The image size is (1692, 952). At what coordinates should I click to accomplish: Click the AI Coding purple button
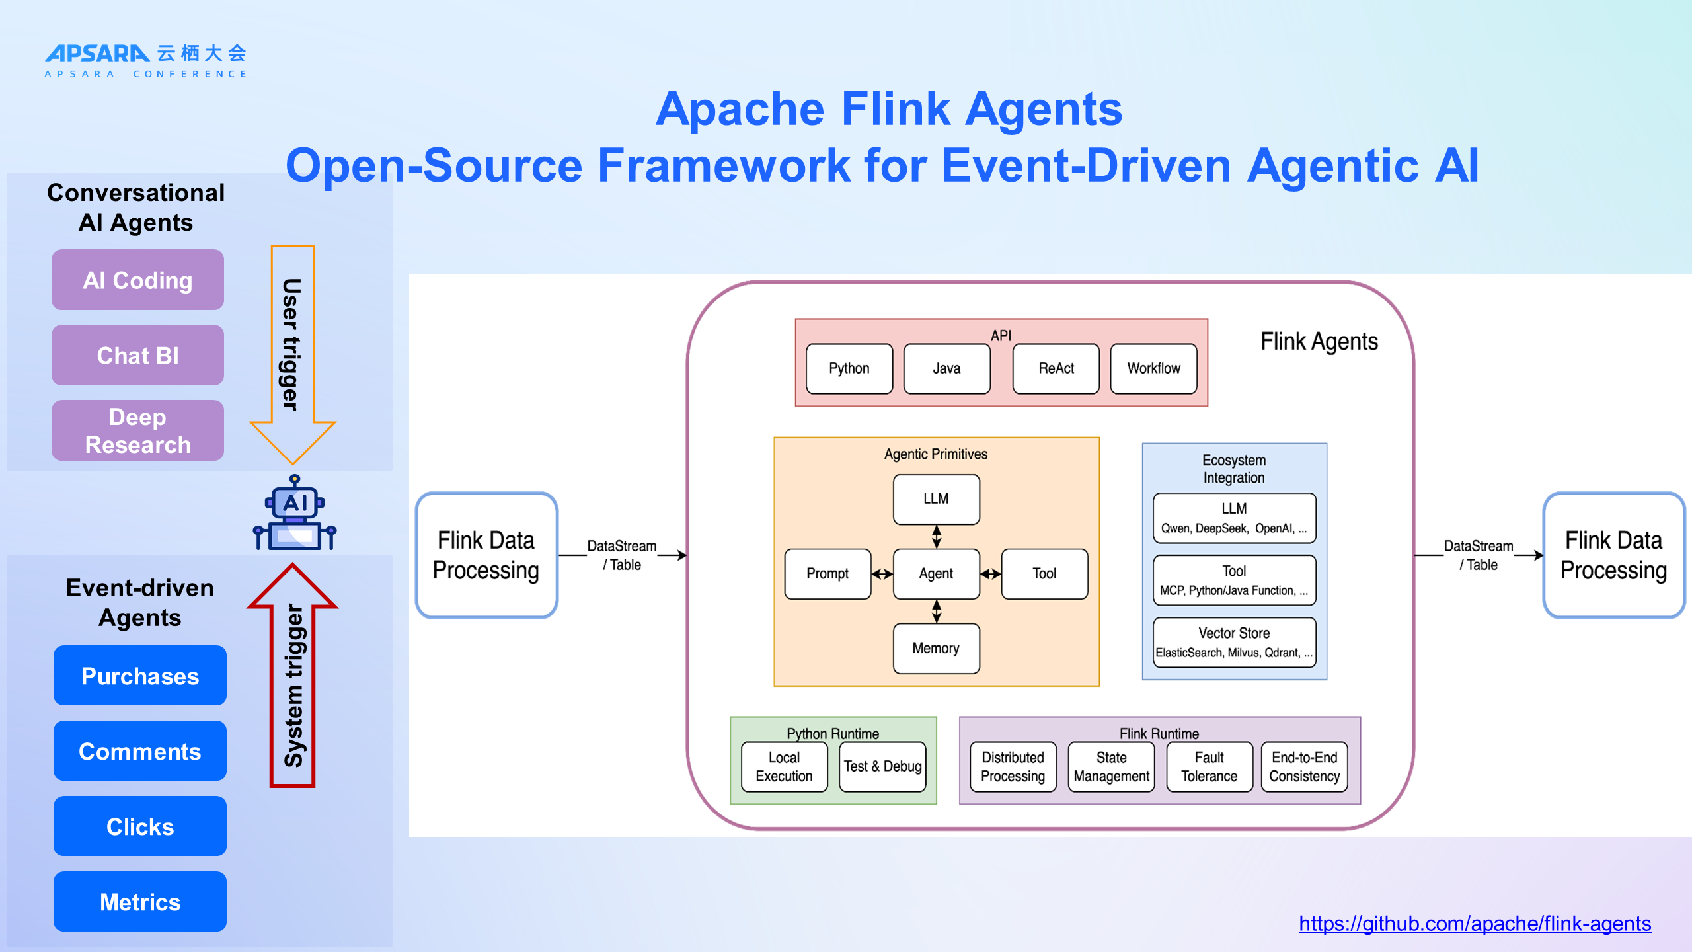(137, 280)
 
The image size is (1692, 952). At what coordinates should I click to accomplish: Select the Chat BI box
(137, 355)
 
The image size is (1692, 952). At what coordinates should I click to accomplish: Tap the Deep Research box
(137, 430)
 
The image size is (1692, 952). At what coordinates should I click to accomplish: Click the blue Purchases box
(140, 676)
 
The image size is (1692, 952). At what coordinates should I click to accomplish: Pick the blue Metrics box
(140, 902)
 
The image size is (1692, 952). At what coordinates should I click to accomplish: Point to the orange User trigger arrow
(292, 350)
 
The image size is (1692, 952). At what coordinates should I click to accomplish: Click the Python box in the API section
(849, 368)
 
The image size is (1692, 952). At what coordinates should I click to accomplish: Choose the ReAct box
(1056, 368)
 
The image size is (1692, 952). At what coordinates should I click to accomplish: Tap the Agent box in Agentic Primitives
(936, 574)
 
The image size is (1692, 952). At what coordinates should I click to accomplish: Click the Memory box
(936, 649)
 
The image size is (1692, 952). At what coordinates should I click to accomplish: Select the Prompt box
(827, 574)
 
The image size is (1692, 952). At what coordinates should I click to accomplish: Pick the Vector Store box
(1234, 642)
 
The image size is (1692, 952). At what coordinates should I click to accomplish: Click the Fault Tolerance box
(1209, 767)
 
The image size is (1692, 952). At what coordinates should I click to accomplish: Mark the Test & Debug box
(882, 767)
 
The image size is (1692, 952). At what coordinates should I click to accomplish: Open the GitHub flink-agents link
(1475, 924)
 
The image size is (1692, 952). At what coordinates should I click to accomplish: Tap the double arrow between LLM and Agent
(937, 536)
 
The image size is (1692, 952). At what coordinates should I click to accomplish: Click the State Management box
(1111, 767)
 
